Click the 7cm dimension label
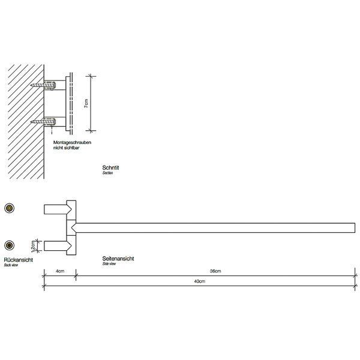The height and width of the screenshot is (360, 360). coord(86,104)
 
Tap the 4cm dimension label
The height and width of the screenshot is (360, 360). coord(60,271)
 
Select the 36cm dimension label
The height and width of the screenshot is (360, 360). coord(215,271)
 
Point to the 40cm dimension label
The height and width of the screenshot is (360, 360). coord(200,281)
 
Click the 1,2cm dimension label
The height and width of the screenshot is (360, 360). coord(33,246)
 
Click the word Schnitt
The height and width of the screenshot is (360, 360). coord(110,167)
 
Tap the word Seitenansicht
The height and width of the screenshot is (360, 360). coord(118,259)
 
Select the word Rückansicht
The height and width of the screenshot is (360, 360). coord(19,260)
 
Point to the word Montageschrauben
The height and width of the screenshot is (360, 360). coord(73,142)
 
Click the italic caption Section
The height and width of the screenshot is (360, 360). coord(107,173)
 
